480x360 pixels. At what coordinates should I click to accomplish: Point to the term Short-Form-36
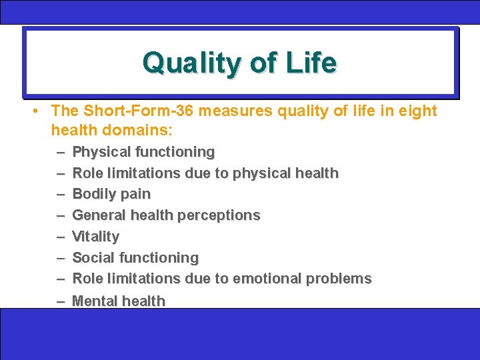(x=133, y=111)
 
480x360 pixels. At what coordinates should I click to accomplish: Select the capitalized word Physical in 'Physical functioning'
(x=99, y=152)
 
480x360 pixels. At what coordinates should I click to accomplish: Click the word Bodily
(x=93, y=194)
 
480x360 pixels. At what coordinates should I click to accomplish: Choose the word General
(x=97, y=215)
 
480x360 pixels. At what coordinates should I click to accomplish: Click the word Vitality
(x=95, y=237)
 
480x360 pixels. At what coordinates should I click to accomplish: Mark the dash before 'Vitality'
(x=61, y=237)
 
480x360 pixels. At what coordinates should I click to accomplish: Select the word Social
(x=91, y=257)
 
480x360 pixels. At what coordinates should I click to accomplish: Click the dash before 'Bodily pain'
(x=61, y=194)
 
